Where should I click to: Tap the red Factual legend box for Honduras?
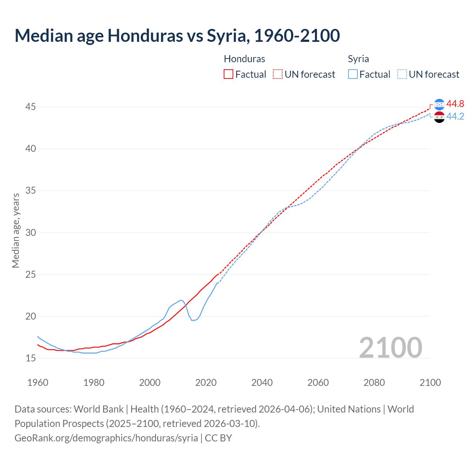click(x=228, y=74)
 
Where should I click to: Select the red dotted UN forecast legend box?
click(x=278, y=74)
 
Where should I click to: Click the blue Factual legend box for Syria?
click(x=353, y=74)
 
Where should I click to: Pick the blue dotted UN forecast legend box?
click(x=402, y=74)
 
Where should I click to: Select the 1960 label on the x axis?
click(x=38, y=383)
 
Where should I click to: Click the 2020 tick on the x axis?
click(x=206, y=383)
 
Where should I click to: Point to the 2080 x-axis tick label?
click(x=374, y=383)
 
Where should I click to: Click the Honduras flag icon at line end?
click(x=439, y=104)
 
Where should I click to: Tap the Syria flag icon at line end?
click(x=439, y=117)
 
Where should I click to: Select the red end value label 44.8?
click(x=455, y=104)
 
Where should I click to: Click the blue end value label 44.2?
click(x=455, y=116)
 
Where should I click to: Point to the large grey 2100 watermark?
click(x=390, y=347)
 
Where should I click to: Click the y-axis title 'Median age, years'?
click(x=16, y=230)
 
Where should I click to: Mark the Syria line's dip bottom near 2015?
click(x=193, y=320)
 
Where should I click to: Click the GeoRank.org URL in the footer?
click(x=106, y=438)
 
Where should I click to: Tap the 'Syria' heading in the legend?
click(x=358, y=59)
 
